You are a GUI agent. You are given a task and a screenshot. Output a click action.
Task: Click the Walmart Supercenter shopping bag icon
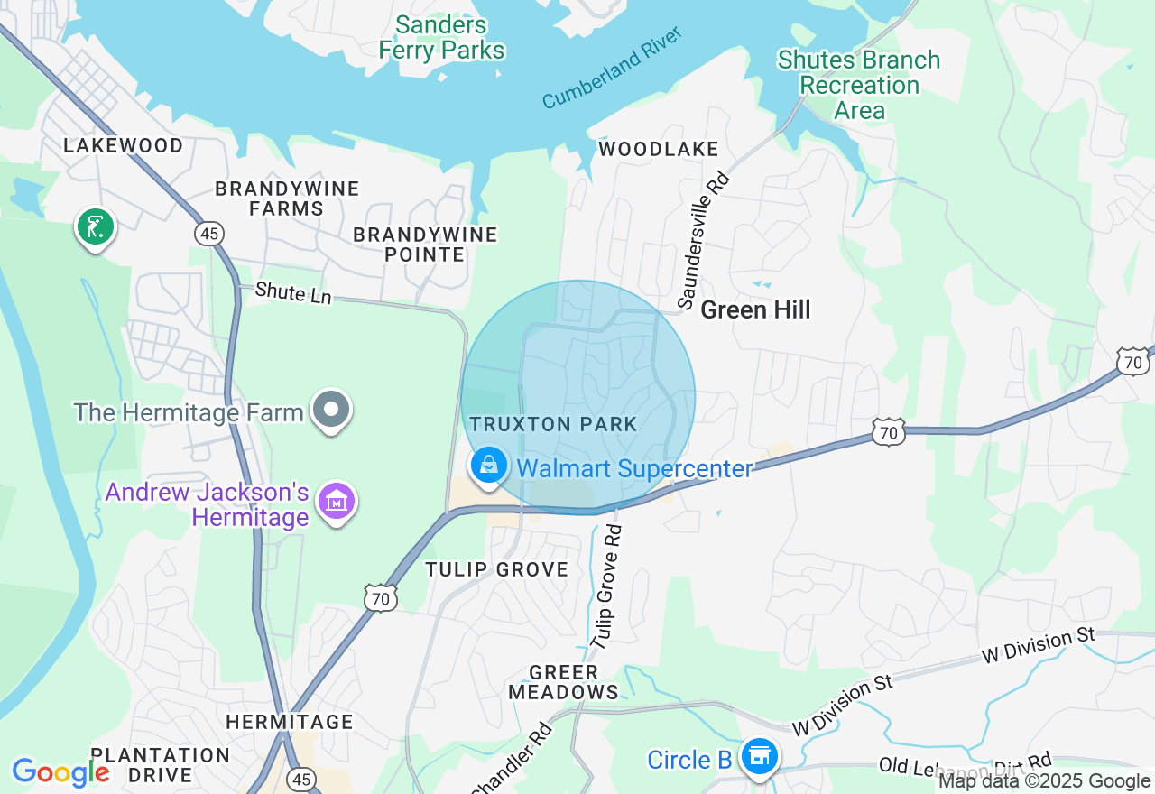[x=488, y=466]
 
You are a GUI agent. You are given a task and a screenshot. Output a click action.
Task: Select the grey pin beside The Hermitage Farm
[x=331, y=410]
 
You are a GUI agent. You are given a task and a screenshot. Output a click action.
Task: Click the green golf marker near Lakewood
[x=95, y=226]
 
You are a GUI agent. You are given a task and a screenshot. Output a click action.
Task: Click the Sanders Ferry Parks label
[x=441, y=38]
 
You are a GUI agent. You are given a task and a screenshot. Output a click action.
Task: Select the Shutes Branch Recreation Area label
[x=859, y=85]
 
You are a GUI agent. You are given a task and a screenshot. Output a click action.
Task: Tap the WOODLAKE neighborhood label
[x=659, y=149]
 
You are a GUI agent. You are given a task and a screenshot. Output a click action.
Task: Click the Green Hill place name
[x=755, y=309]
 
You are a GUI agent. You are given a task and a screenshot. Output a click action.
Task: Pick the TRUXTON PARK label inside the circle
[x=553, y=424]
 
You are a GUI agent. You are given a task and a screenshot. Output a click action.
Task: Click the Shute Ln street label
[x=293, y=292]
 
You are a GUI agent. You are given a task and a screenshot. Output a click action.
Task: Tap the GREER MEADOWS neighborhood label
[x=564, y=682]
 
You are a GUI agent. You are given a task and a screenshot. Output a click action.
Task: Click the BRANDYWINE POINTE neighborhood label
[x=425, y=245]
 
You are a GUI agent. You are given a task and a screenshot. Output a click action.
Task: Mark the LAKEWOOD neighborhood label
[x=123, y=145]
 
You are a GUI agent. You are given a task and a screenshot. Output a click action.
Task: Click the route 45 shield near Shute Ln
[x=209, y=234]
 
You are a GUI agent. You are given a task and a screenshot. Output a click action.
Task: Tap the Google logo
[x=60, y=772]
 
